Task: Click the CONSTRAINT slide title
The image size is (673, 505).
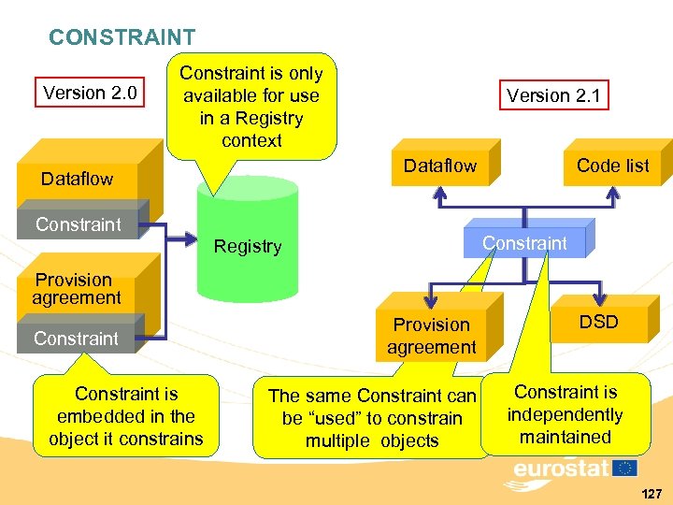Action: pos(122,37)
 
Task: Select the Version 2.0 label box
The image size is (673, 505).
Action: pos(90,93)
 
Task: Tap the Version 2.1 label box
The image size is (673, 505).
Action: pos(554,95)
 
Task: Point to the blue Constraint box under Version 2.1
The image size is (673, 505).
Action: pos(524,243)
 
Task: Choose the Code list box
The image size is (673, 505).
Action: pos(612,166)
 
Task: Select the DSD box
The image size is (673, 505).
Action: pos(598,322)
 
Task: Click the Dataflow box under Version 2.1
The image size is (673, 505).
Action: pos(439,166)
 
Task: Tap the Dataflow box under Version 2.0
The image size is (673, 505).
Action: pos(77,178)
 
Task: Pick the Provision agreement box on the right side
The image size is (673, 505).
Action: pos(432,335)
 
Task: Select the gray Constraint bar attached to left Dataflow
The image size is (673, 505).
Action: pos(79,224)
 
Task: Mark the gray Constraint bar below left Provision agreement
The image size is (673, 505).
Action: pos(77,338)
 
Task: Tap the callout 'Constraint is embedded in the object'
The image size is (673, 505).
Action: pos(126,416)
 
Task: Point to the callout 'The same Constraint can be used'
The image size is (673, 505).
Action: pos(372,418)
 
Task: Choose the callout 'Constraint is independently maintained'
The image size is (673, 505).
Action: pos(566,414)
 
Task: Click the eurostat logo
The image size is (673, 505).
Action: pos(570,470)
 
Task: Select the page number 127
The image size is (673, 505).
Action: pos(652,493)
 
